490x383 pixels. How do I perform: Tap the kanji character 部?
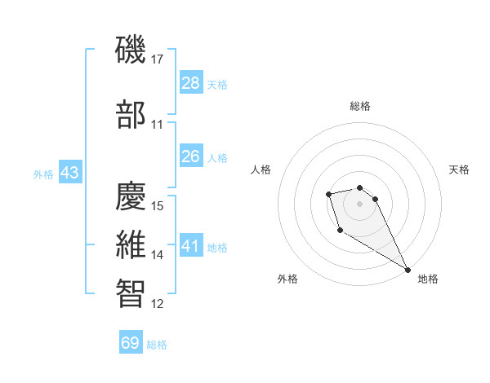coord(131,115)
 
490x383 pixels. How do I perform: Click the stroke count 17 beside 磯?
coord(158,59)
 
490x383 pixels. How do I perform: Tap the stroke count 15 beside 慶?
coord(158,205)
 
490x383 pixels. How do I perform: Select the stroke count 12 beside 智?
coord(158,304)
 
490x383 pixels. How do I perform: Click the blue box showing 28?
coord(191,83)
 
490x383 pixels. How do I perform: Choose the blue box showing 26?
coord(191,156)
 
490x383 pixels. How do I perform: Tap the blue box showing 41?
coord(191,246)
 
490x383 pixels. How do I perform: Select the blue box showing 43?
coord(69,174)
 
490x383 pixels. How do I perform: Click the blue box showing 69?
coord(131,343)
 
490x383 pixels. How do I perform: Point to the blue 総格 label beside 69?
coord(157,345)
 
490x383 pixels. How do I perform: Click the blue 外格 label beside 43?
coord(43,174)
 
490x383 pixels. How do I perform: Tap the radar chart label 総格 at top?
coord(360,106)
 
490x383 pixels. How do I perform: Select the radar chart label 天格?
coord(459,169)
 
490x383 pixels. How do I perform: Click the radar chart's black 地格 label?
coord(428,279)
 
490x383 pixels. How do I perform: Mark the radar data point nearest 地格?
coord(408,269)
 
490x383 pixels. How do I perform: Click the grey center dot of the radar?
coord(360,203)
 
